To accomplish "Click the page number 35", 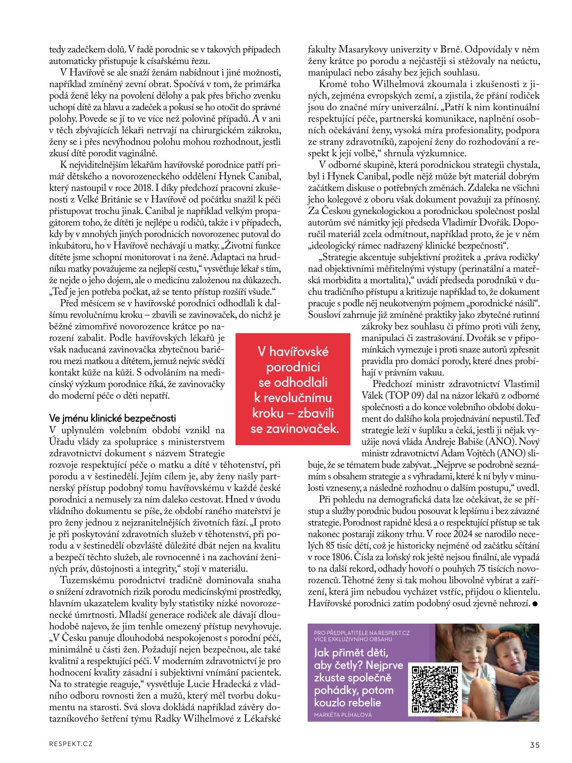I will [x=535, y=745].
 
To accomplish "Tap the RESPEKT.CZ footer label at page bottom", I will [x=71, y=744].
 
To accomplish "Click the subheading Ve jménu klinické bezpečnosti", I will [x=112, y=418].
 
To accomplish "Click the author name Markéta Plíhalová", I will [x=343, y=715].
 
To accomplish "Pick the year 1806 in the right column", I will [x=346, y=557].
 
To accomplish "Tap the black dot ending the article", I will [x=535, y=603].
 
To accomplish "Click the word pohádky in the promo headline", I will [x=336, y=690].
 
